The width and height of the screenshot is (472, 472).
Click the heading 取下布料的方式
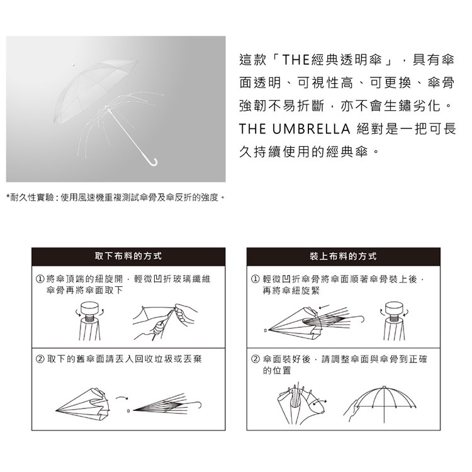click(128, 256)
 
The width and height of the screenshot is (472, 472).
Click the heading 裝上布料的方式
click(343, 256)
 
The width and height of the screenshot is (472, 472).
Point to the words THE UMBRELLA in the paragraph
click(295, 129)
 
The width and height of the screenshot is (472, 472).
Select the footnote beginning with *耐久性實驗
click(116, 198)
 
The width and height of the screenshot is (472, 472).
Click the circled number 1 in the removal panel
click(40, 279)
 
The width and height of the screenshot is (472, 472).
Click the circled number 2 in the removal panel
click(40, 359)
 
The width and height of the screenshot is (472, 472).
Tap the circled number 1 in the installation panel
click(255, 279)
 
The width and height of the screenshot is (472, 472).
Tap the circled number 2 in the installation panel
click(255, 359)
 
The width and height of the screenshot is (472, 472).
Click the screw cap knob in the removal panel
click(89, 309)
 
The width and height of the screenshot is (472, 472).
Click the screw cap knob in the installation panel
click(394, 308)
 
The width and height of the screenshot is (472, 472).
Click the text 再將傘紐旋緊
click(291, 291)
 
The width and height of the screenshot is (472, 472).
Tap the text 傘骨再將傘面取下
click(84, 290)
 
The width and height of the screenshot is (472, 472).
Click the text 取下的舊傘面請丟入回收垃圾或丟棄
click(124, 359)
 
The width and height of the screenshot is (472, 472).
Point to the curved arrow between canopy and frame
click(122, 398)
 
